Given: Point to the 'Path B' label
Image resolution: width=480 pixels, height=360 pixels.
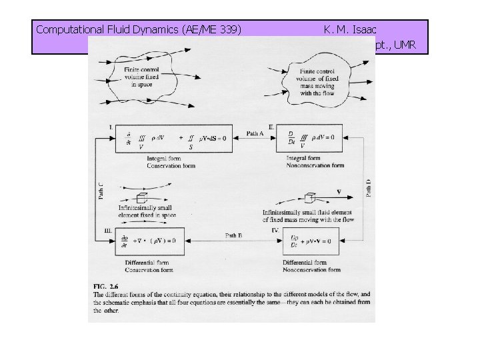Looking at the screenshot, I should [233, 235].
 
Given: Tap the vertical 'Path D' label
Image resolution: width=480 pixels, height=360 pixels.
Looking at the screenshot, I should [369, 187].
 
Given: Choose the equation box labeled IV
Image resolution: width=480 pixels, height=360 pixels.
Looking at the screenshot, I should [313, 241].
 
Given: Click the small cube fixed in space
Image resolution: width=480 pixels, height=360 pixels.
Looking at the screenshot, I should [141, 198].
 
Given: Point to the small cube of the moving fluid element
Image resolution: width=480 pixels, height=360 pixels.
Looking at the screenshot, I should [308, 198].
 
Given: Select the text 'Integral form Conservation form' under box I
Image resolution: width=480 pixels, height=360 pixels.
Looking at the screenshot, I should [171, 162].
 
